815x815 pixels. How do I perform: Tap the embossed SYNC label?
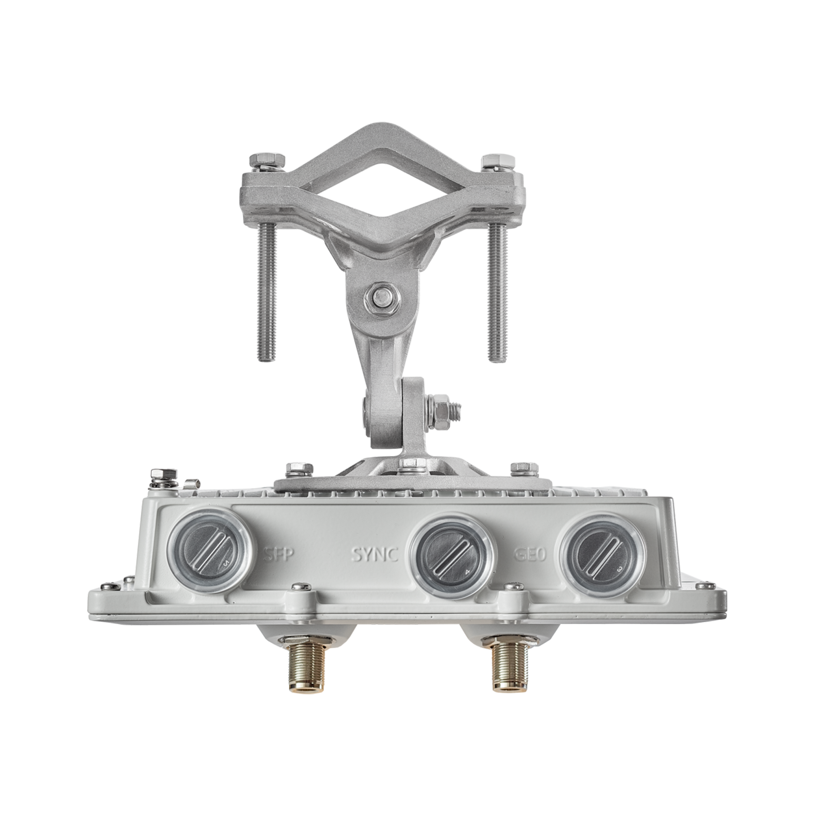click(x=375, y=554)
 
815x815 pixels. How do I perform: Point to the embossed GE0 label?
click(x=530, y=554)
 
